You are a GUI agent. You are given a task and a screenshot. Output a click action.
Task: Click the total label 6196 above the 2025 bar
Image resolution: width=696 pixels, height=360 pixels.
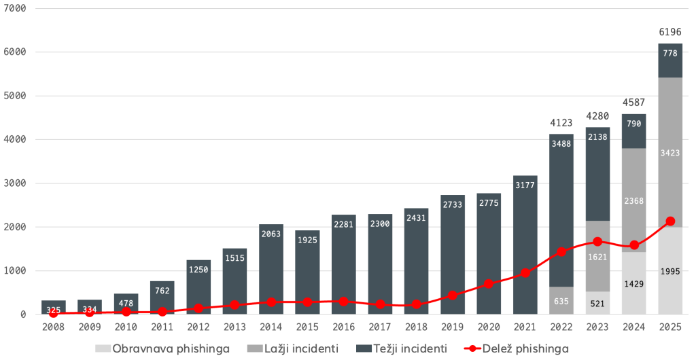click(670, 32)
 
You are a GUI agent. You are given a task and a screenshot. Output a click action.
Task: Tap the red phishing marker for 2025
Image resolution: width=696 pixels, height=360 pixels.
click(670, 221)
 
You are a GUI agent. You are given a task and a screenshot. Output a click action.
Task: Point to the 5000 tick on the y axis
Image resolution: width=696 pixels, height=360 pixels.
click(14, 96)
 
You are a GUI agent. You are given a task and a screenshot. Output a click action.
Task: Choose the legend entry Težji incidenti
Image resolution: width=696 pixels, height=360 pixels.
click(402, 348)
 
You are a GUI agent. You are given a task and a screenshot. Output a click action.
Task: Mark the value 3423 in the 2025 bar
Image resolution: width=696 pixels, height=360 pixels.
click(670, 153)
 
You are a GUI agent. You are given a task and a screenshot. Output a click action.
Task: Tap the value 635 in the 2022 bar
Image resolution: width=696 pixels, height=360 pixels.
click(561, 300)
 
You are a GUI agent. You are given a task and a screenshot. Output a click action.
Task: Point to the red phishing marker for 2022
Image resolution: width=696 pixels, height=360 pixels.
click(561, 251)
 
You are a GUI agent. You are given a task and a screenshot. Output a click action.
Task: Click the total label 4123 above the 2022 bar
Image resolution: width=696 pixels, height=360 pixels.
click(561, 123)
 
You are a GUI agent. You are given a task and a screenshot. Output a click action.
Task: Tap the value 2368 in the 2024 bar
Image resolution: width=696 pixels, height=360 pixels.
click(634, 200)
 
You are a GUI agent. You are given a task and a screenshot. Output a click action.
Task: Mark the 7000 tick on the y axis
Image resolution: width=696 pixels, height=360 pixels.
click(14, 8)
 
